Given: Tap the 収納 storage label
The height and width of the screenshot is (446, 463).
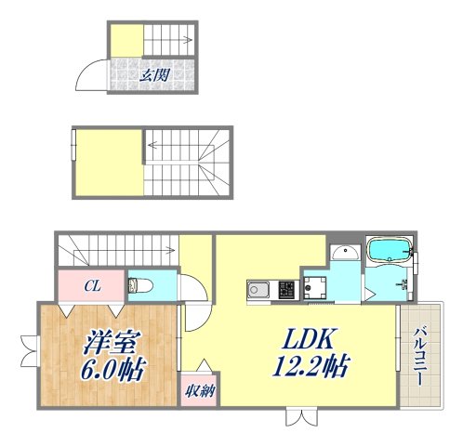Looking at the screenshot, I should pyautogui.click(x=196, y=391).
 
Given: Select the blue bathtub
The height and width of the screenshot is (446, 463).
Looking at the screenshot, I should pyautogui.click(x=390, y=251).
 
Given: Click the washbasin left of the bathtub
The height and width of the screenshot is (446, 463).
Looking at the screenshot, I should pyautogui.click(x=344, y=254).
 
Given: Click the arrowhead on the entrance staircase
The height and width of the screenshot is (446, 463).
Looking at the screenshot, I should pyautogui.click(x=189, y=40).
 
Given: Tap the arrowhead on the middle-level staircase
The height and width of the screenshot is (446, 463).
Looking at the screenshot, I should pyautogui.click(x=150, y=143).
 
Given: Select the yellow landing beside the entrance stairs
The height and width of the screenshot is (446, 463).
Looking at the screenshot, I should pyautogui.click(x=127, y=42).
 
